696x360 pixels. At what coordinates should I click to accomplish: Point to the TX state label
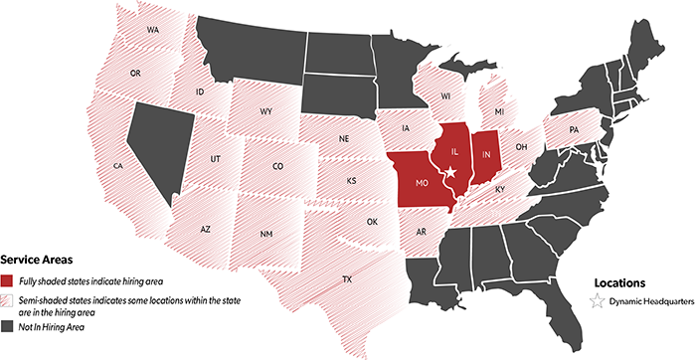(347, 279)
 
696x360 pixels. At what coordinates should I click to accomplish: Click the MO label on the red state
(422, 184)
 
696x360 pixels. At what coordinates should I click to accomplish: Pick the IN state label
(487, 156)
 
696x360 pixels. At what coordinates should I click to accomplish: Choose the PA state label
(574, 130)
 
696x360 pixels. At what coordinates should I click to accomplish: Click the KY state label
(501, 189)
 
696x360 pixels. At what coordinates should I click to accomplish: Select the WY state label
(266, 112)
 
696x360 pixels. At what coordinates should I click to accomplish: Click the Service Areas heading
(35, 257)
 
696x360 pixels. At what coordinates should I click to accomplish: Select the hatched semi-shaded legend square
(7, 300)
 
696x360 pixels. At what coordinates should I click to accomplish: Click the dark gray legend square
(7, 325)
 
